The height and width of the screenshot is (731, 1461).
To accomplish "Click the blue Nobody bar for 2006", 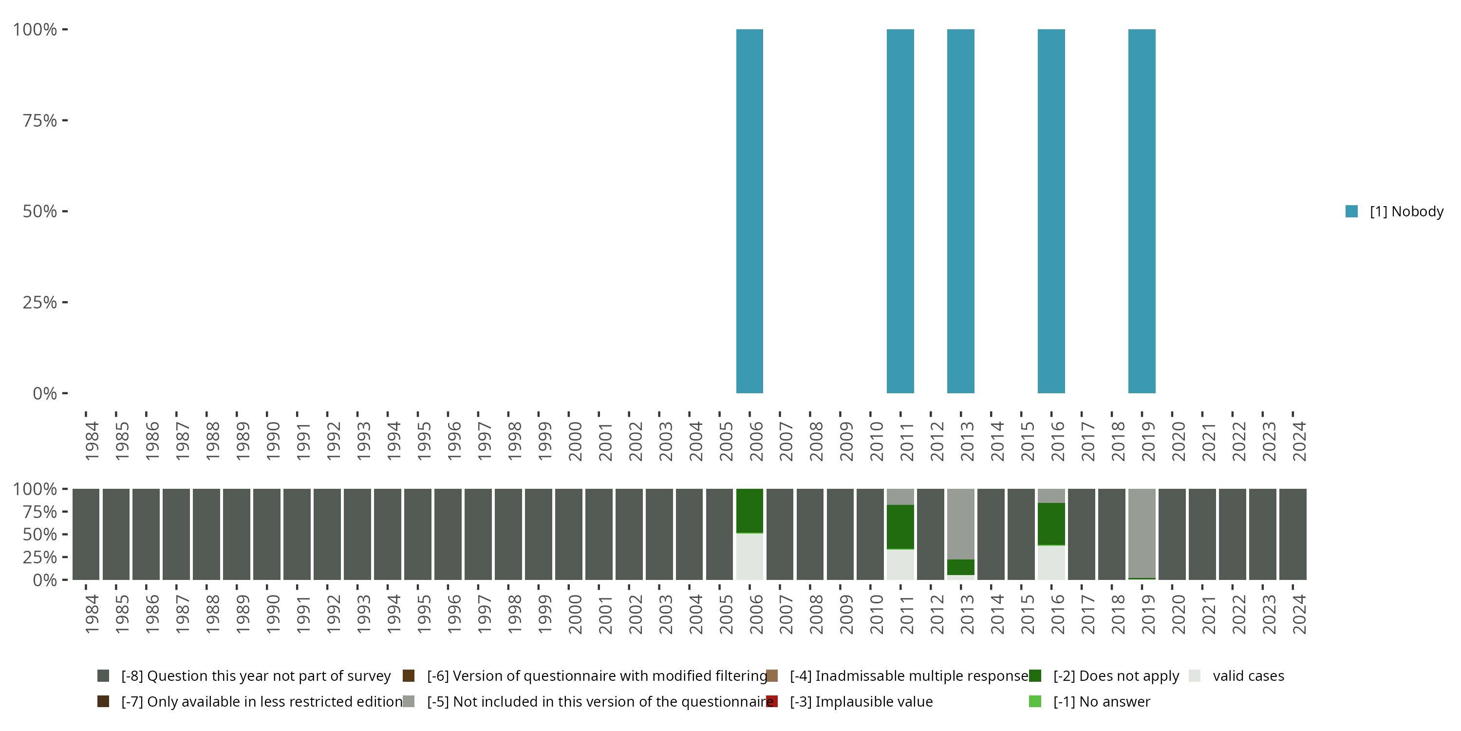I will click(749, 211).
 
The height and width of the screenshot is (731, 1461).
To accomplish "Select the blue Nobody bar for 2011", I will click(900, 211).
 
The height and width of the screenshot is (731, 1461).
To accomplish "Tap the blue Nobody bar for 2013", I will click(960, 211).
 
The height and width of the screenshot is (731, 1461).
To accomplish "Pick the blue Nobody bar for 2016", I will click(1051, 211).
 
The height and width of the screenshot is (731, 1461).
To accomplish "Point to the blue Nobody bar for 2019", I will click(1142, 211).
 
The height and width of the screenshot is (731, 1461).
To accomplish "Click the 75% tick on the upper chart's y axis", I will click(40, 120).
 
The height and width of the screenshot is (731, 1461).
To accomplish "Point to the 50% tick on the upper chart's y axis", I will click(40, 211).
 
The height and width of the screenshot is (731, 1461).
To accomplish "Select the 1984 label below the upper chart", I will click(92, 441).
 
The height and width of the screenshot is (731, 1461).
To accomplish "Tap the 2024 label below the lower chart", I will click(1299, 614).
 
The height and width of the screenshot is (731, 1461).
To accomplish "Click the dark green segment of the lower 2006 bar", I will click(749, 511).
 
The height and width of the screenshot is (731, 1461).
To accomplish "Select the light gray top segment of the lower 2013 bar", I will click(960, 523).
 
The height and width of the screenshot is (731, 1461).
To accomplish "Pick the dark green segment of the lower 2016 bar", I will click(1051, 524).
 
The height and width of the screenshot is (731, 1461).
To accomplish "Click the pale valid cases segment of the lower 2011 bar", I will click(900, 565).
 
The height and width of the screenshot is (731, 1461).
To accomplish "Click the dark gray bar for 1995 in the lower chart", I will click(418, 534).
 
